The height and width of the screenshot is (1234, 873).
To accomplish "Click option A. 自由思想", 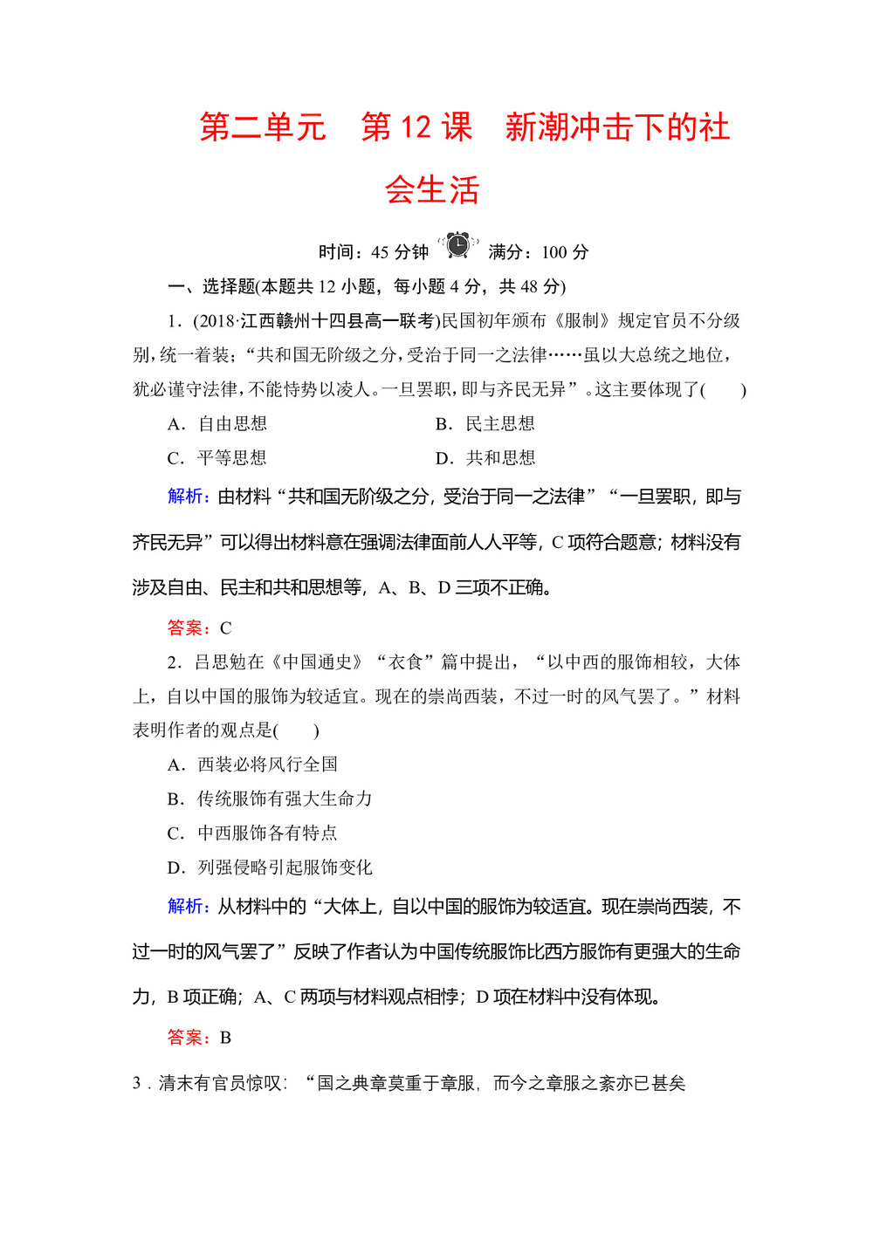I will click(217, 424).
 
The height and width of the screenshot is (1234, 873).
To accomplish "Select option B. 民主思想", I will click(485, 424).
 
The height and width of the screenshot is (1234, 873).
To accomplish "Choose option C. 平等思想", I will click(217, 458).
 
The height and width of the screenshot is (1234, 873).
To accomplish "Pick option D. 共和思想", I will click(485, 458).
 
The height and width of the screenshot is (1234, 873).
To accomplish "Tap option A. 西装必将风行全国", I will click(252, 764).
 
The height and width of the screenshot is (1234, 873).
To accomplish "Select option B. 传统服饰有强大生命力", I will click(270, 799).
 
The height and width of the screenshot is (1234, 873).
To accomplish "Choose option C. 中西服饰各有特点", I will click(252, 833).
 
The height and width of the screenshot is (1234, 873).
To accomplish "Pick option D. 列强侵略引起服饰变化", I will click(270, 867).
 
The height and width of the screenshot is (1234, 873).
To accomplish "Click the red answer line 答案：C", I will click(199, 628).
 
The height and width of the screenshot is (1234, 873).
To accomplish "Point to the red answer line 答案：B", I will click(199, 1038).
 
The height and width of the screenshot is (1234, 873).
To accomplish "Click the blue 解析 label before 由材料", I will click(187, 497).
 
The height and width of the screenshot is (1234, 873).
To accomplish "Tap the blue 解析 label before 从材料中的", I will click(187, 907).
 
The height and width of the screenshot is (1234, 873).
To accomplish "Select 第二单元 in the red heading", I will click(263, 128).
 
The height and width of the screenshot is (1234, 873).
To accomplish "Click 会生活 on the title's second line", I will click(432, 190).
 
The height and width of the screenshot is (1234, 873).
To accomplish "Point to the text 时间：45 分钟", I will click(374, 252).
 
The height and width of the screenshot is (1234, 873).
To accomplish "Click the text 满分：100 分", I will click(539, 252).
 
